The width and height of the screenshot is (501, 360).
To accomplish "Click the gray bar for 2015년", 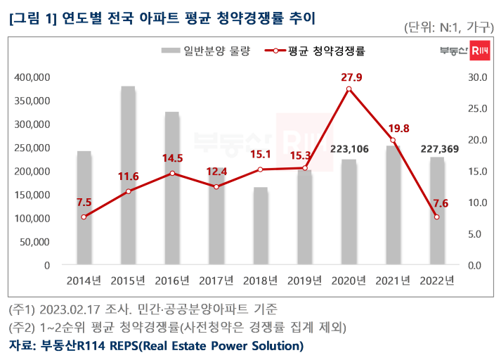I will pyautogui.click(x=128, y=176).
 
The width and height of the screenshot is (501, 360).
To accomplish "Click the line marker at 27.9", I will pyautogui.click(x=349, y=89).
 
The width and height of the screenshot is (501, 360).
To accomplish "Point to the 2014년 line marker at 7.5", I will pyautogui.click(x=84, y=217).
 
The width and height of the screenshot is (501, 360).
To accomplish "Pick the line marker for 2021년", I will pyautogui.click(x=393, y=140).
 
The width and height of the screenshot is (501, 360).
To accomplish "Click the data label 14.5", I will pyautogui.click(x=172, y=159).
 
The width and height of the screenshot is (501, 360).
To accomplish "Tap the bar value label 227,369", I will pyautogui.click(x=437, y=148).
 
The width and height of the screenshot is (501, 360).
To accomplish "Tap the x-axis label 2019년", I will pyautogui.click(x=304, y=281).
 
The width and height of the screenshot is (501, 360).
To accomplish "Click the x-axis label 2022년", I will pyautogui.click(x=437, y=281).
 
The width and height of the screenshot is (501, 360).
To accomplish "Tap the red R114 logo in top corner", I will pyautogui.click(x=479, y=51).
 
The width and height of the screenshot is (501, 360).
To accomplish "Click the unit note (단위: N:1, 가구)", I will pyautogui.click(x=448, y=27).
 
